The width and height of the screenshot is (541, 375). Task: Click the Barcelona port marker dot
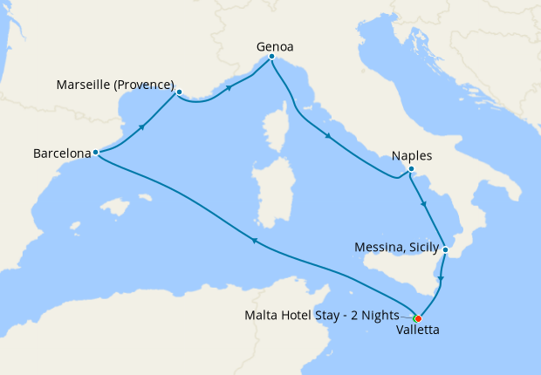pos(95,153)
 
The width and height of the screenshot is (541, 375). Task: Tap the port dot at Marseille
pos(179,92)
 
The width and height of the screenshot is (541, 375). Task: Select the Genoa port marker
pos(272,58)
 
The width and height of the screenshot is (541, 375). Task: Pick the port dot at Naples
pos(411,169)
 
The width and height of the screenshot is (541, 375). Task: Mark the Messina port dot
pos(445,250)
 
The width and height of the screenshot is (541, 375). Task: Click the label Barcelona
pos(61,153)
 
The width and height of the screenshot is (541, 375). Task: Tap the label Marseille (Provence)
pos(114,85)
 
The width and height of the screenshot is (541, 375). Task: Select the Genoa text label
pos(275,44)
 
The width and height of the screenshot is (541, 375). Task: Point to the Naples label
pos(411,155)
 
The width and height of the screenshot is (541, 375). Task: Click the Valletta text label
pos(417,331)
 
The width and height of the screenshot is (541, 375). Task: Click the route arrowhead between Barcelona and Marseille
pos(140,128)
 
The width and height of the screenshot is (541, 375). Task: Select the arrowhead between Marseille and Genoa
pos(230,87)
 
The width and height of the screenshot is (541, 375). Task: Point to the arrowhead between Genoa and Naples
pos(328,136)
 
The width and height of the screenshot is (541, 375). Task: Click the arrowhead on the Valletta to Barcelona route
pos(254,242)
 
